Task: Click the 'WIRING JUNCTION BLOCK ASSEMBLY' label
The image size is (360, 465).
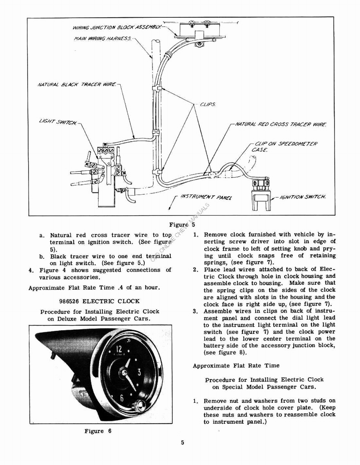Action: (117, 28)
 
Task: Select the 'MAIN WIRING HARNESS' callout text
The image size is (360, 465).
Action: (103, 39)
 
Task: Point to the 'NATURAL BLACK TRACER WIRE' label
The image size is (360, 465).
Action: (77, 84)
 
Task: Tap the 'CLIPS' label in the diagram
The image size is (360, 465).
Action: (207, 104)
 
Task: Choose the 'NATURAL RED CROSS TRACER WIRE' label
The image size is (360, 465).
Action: (281, 124)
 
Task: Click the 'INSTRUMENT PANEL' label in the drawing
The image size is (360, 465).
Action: (206, 197)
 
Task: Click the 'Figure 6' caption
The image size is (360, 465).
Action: (98, 431)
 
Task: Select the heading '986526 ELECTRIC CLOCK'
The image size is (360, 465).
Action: (99, 301)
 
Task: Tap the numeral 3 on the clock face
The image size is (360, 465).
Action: (139, 371)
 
